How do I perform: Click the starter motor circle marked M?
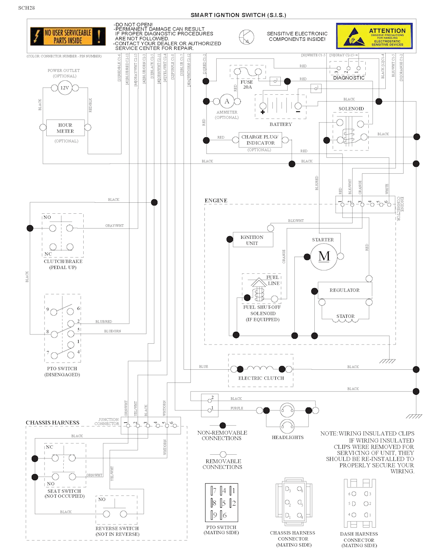[324, 257]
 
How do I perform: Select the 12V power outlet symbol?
[65, 88]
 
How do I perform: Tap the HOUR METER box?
[65, 128]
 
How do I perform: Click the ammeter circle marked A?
[227, 102]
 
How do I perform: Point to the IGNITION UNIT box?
[252, 240]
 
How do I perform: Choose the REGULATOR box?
[345, 290]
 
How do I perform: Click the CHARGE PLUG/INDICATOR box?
[260, 140]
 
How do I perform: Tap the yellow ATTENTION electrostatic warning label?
[374, 36]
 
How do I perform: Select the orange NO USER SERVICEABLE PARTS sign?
[68, 37]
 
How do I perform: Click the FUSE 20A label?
[247, 85]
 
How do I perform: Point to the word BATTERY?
[281, 124]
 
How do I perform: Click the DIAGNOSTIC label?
[349, 78]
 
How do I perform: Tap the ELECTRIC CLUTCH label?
[261, 378]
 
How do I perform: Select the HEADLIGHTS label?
[288, 437]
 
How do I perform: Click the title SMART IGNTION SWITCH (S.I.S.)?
[238, 15]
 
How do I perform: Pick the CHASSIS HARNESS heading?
[53, 422]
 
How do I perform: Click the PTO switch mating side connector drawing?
[221, 503]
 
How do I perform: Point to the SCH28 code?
[27, 8]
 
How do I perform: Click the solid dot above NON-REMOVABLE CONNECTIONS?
[223, 425]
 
